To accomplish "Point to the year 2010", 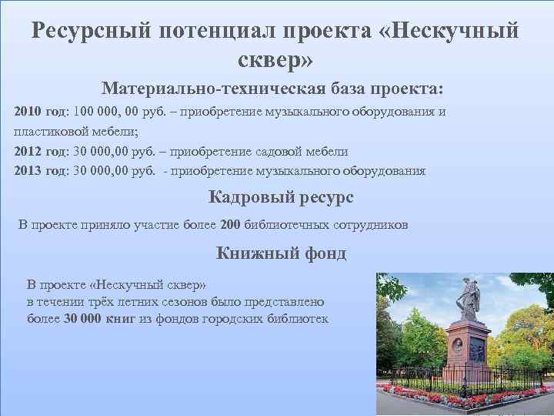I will [28, 112].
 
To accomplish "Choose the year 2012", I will [28, 151].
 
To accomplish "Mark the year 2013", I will [28, 170].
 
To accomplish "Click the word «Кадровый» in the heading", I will [245, 197].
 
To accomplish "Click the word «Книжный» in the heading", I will [250, 253].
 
